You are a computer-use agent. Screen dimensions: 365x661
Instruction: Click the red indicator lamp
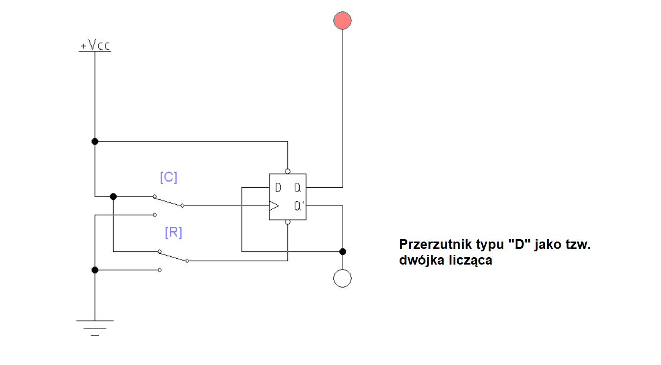click(342, 21)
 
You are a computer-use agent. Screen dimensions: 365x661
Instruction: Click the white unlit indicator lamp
click(342, 278)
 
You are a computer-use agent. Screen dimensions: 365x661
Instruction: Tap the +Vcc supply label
click(95, 46)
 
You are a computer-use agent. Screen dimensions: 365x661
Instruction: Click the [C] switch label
click(168, 177)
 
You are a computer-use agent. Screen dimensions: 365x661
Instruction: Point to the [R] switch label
click(173, 233)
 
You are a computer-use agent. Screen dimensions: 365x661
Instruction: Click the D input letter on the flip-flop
click(278, 188)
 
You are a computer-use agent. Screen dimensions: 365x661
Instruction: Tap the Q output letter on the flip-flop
click(297, 188)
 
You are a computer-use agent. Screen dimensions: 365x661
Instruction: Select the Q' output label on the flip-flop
click(299, 206)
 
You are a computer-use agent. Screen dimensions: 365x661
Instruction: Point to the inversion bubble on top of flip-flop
click(287, 171)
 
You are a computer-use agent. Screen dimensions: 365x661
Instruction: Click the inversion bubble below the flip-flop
click(287, 222)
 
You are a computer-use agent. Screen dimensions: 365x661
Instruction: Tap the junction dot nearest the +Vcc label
click(95, 142)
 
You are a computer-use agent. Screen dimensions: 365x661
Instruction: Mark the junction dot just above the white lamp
click(343, 252)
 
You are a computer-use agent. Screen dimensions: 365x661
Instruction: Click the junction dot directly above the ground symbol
click(95, 270)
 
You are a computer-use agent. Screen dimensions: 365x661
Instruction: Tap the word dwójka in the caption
click(418, 261)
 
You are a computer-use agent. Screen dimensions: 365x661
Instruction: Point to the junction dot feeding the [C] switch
click(113, 196)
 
